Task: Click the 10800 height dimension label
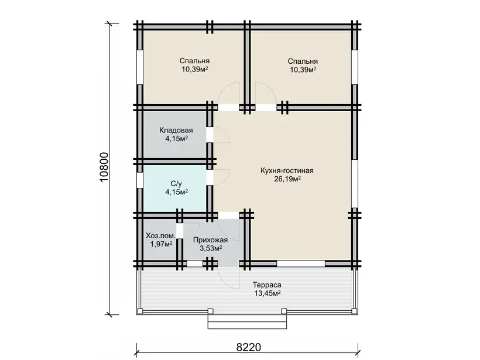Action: [x=104, y=167]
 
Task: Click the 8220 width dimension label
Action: [x=249, y=347]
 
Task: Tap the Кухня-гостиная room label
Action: [x=287, y=170]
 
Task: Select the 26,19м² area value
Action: [x=287, y=179]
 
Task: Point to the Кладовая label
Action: [x=176, y=131]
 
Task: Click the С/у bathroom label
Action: [x=176, y=184]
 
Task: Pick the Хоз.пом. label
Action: [x=161, y=236]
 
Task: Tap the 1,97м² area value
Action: [x=161, y=244]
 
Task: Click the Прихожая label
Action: [x=210, y=240]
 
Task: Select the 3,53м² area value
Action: [x=211, y=248]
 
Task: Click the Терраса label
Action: [x=267, y=284]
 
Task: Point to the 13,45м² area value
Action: [x=268, y=293]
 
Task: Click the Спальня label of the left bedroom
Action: [x=194, y=61]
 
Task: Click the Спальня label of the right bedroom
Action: [x=303, y=61]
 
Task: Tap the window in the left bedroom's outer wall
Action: [x=139, y=67]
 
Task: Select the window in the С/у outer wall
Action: [x=139, y=180]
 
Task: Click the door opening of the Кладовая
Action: [x=210, y=135]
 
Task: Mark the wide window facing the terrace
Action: [x=301, y=263]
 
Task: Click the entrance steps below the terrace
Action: [x=248, y=321]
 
